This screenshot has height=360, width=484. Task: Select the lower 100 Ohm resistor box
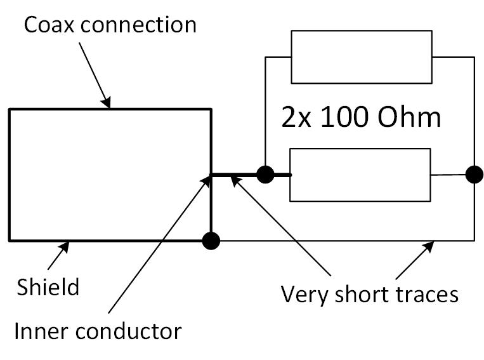point(360,175)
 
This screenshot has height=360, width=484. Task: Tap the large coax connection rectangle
point(110,175)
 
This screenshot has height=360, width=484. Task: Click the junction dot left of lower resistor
point(265,174)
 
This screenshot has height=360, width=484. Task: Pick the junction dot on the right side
point(473,174)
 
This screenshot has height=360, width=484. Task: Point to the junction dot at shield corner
point(211,241)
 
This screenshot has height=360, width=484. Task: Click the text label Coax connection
point(110,25)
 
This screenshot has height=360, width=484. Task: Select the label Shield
point(48,287)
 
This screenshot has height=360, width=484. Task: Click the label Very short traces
point(369,295)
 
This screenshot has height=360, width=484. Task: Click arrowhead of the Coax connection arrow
point(108,103)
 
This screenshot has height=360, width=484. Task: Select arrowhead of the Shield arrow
point(67,246)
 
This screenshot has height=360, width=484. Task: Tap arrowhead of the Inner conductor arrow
point(207,180)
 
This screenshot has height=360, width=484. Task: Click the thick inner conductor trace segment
point(238,174)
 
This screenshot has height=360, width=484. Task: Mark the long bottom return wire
point(343,241)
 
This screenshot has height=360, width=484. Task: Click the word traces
point(425,295)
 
